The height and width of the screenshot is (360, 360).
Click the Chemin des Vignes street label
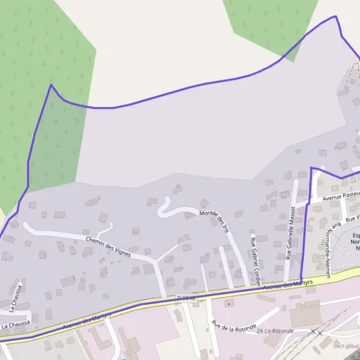coord(107,245)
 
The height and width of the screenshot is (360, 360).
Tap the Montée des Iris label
coord(214,220)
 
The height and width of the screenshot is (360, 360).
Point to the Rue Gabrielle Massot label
coord(291,233)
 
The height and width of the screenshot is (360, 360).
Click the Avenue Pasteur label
coord(340,196)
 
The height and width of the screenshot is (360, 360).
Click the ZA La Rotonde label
coord(275,331)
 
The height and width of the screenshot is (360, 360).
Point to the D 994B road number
coord(186,298)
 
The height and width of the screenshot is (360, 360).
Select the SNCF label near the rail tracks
coord(345,346)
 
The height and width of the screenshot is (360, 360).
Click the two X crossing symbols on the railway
coord(316,332)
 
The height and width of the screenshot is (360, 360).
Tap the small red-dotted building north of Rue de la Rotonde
coord(228,304)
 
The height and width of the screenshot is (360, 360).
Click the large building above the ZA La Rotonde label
coord(305,314)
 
